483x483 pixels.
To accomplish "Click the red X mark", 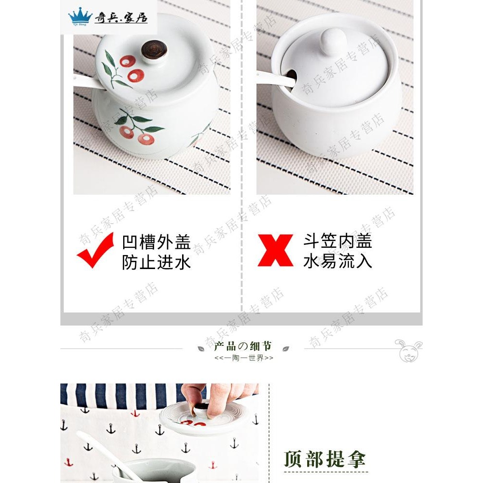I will point(275,250).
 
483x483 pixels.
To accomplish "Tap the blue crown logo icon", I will point(80,17).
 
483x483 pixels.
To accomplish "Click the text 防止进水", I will point(156,262).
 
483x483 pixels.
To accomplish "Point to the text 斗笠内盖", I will point(338,241).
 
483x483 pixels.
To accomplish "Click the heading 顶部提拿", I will point(325,458).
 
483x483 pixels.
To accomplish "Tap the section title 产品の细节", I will point(243,346).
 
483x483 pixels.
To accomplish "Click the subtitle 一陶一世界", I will point(243,358).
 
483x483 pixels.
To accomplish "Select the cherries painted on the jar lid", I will point(132,68).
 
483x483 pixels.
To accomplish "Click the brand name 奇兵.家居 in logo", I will point(121,18).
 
